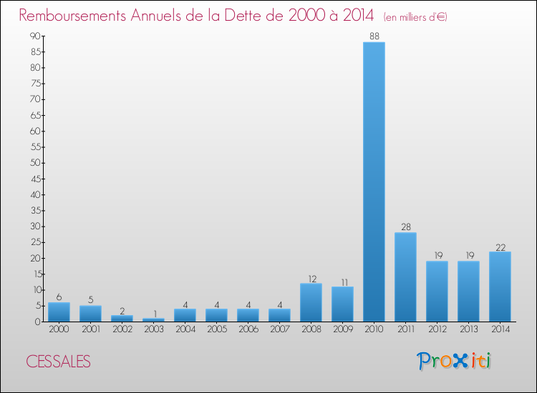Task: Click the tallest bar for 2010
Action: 374,181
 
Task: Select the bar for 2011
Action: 405,277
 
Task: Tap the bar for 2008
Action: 311,302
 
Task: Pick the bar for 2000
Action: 59,312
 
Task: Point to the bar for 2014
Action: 500,287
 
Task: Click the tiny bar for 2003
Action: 153,319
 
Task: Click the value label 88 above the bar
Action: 374,36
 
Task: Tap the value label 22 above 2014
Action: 500,247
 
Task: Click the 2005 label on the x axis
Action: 216,329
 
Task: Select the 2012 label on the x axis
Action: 437,329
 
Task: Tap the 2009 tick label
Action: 342,329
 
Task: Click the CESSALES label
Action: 59,362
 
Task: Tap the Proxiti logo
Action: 455,361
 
